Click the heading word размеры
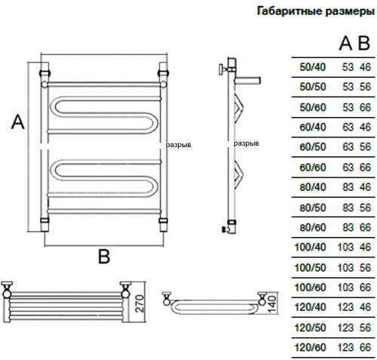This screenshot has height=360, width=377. pyautogui.click(x=350, y=12)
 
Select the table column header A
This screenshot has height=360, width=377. pyautogui.click(x=345, y=44)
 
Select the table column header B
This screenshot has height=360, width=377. pyautogui.click(x=364, y=44)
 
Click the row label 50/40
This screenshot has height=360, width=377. pyautogui.click(x=312, y=67)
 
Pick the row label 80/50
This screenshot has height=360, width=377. pyautogui.click(x=312, y=208)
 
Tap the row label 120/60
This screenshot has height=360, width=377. pyautogui.click(x=310, y=347)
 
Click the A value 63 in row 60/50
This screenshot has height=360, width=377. pyautogui.click(x=348, y=147)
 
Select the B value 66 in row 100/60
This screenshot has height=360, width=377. pyautogui.click(x=365, y=288)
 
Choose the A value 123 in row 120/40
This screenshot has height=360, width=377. pyautogui.click(x=345, y=307)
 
